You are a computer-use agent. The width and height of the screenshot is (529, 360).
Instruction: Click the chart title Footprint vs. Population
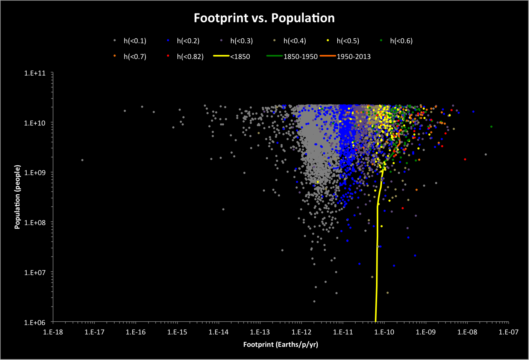264,18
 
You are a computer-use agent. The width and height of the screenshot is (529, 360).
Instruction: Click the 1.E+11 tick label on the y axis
35,73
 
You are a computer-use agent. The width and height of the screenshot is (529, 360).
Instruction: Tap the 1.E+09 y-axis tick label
35,172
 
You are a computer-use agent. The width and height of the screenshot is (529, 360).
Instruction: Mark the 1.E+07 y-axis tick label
35,272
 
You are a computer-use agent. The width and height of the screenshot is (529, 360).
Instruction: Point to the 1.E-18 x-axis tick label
53,332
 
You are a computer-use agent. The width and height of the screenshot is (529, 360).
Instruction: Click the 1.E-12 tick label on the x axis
302,332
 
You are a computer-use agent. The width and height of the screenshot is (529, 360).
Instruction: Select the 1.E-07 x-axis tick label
508,332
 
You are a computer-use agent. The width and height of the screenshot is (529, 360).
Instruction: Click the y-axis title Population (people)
17,197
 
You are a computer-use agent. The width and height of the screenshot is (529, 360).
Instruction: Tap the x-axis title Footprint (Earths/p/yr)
280,345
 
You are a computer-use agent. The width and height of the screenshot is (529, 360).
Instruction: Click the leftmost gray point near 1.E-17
82,160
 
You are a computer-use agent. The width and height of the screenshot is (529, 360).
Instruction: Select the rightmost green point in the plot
491,127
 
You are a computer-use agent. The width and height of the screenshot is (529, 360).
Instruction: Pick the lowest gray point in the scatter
314,301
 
